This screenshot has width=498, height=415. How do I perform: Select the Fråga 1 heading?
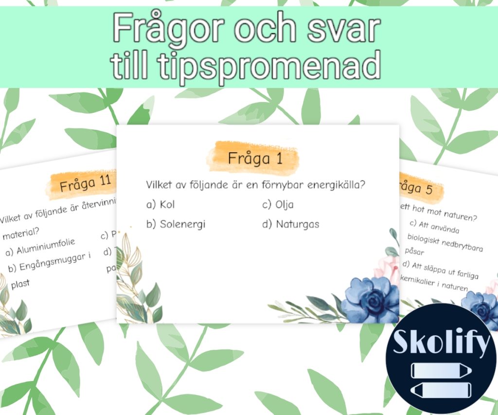click(x=255, y=158)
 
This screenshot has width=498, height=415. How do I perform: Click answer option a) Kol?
click(x=160, y=204)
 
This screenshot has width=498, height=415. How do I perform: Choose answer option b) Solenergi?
click(x=176, y=224)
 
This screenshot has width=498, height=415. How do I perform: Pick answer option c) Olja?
click(x=278, y=204)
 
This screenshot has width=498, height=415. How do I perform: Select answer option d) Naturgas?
click(x=291, y=224)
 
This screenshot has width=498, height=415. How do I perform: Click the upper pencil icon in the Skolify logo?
click(x=440, y=370)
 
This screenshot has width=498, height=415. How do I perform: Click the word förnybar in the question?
click(x=274, y=185)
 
